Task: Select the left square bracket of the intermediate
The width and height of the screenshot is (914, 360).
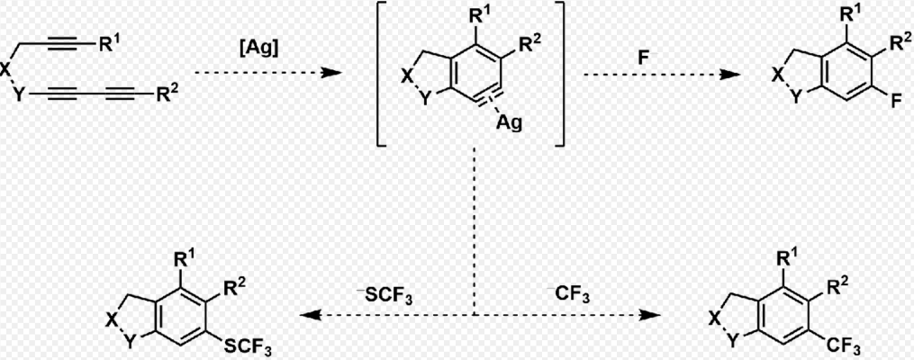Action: (x=380, y=76)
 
